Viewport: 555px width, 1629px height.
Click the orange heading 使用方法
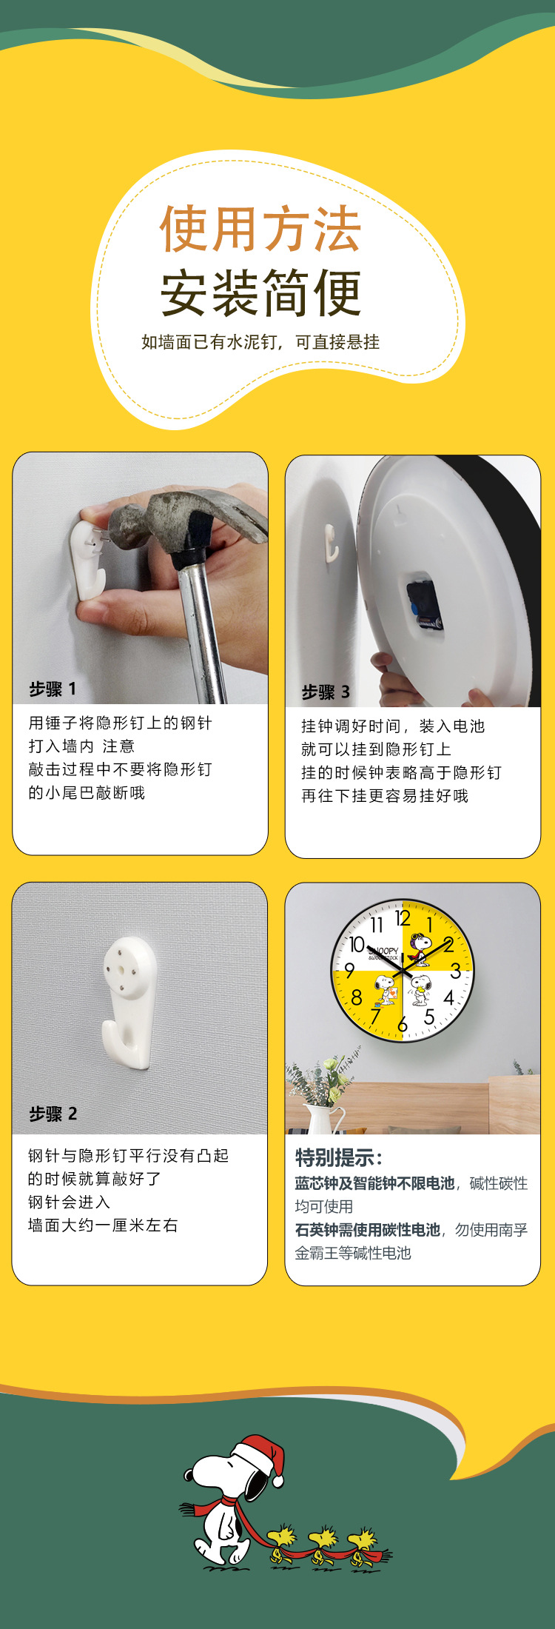260,229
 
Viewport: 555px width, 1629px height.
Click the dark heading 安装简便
260,292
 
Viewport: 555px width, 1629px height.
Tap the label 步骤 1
53,689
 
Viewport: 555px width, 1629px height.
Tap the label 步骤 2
53,1114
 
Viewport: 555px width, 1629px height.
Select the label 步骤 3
326,692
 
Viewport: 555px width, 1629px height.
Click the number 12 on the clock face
403,919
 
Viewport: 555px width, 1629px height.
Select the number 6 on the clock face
402,1025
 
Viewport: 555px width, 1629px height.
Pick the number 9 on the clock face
349,971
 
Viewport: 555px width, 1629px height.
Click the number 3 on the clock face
455,971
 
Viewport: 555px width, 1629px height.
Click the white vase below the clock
320,1119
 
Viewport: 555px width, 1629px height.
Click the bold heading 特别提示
339,1158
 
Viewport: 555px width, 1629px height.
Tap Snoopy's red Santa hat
261,1455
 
